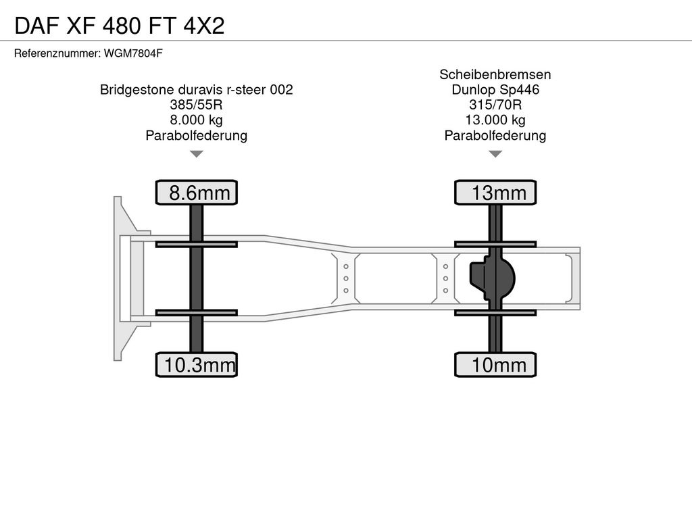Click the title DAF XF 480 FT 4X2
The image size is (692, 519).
(120, 26)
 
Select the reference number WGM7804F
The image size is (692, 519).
(133, 53)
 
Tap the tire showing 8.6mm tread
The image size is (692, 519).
(197, 193)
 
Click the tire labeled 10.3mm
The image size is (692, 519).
(197, 364)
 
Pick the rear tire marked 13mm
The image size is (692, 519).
(495, 193)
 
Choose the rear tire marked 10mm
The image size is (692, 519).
(495, 364)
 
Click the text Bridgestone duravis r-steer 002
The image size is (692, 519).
(197, 90)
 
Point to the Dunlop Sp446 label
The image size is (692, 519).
(495, 90)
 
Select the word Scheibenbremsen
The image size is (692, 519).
(495, 74)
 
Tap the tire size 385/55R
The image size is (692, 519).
(197, 105)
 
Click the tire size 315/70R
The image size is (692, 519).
(495, 105)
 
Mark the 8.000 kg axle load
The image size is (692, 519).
(197, 120)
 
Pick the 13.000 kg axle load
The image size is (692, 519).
(495, 120)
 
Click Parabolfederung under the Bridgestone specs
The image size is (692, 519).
(197, 135)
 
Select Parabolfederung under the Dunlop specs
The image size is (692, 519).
(495, 135)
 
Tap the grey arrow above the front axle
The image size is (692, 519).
(197, 153)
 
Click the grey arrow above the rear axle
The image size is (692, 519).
(495, 153)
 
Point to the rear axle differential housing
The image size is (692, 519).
(492, 278)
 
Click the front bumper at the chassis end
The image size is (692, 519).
(126, 278)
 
